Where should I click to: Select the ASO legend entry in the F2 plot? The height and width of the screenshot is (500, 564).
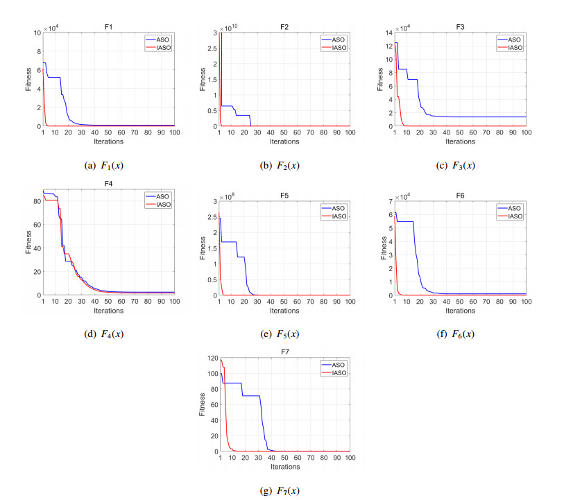tap(336, 40)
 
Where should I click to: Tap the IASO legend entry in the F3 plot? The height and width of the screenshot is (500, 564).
tap(513, 47)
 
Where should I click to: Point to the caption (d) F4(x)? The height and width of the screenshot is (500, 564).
tap(108, 334)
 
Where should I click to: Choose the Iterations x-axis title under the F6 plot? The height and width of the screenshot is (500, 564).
tap(460, 311)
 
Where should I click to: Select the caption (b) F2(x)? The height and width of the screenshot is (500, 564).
tap(284, 165)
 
